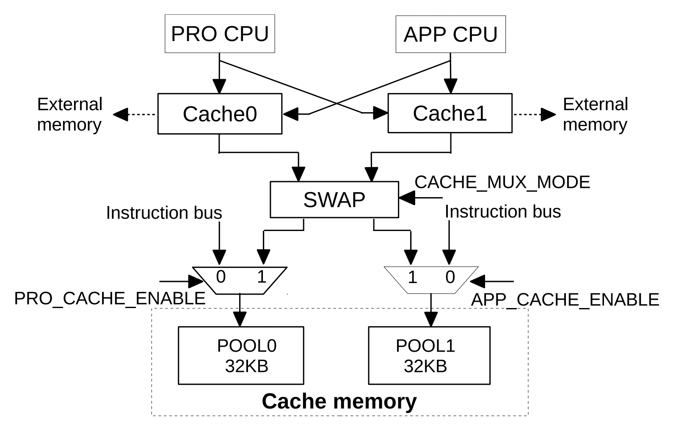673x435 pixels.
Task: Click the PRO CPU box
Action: point(220,34)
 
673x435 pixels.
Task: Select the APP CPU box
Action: point(450,34)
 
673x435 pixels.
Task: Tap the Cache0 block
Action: point(220,114)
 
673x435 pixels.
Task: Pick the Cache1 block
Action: point(450,113)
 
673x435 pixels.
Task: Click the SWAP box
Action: point(334,200)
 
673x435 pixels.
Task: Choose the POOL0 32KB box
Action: point(241,355)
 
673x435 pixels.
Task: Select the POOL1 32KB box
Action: point(429,355)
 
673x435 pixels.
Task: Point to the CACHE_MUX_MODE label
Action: point(502,182)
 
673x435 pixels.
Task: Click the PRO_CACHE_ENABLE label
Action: point(110,299)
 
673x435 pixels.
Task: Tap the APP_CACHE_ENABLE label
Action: point(565,300)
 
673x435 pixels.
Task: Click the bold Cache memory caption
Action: point(339,401)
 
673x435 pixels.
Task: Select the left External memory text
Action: point(70,114)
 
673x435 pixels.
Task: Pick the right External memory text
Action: point(595,114)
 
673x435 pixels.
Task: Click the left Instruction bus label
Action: point(164,213)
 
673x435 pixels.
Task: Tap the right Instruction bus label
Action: point(502,212)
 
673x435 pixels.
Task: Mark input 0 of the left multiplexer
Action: point(221,277)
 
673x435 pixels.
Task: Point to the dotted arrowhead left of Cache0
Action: point(121,114)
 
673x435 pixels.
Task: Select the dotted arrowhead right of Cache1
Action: point(549,114)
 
